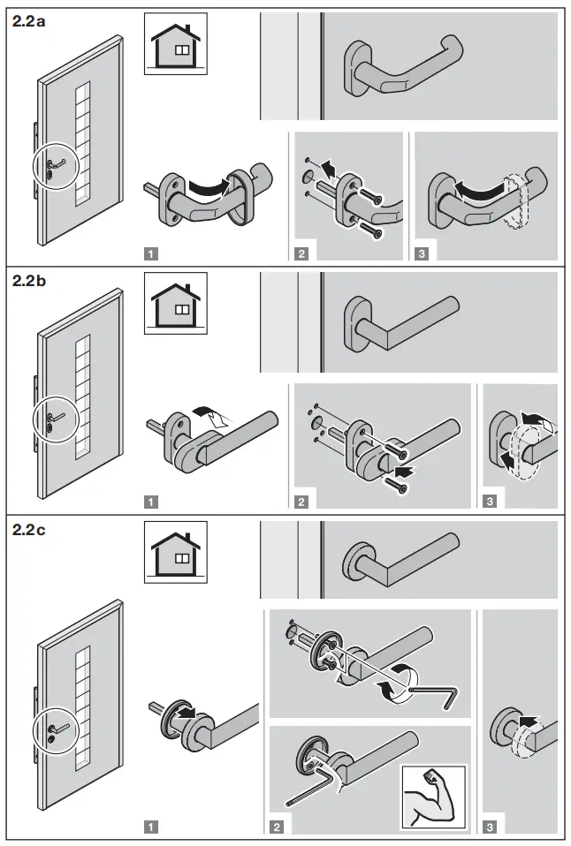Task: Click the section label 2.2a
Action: click(29, 23)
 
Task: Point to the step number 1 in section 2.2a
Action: click(151, 253)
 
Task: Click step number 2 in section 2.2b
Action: click(301, 502)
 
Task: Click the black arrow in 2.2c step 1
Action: click(185, 709)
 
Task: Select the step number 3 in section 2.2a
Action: click(422, 253)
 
